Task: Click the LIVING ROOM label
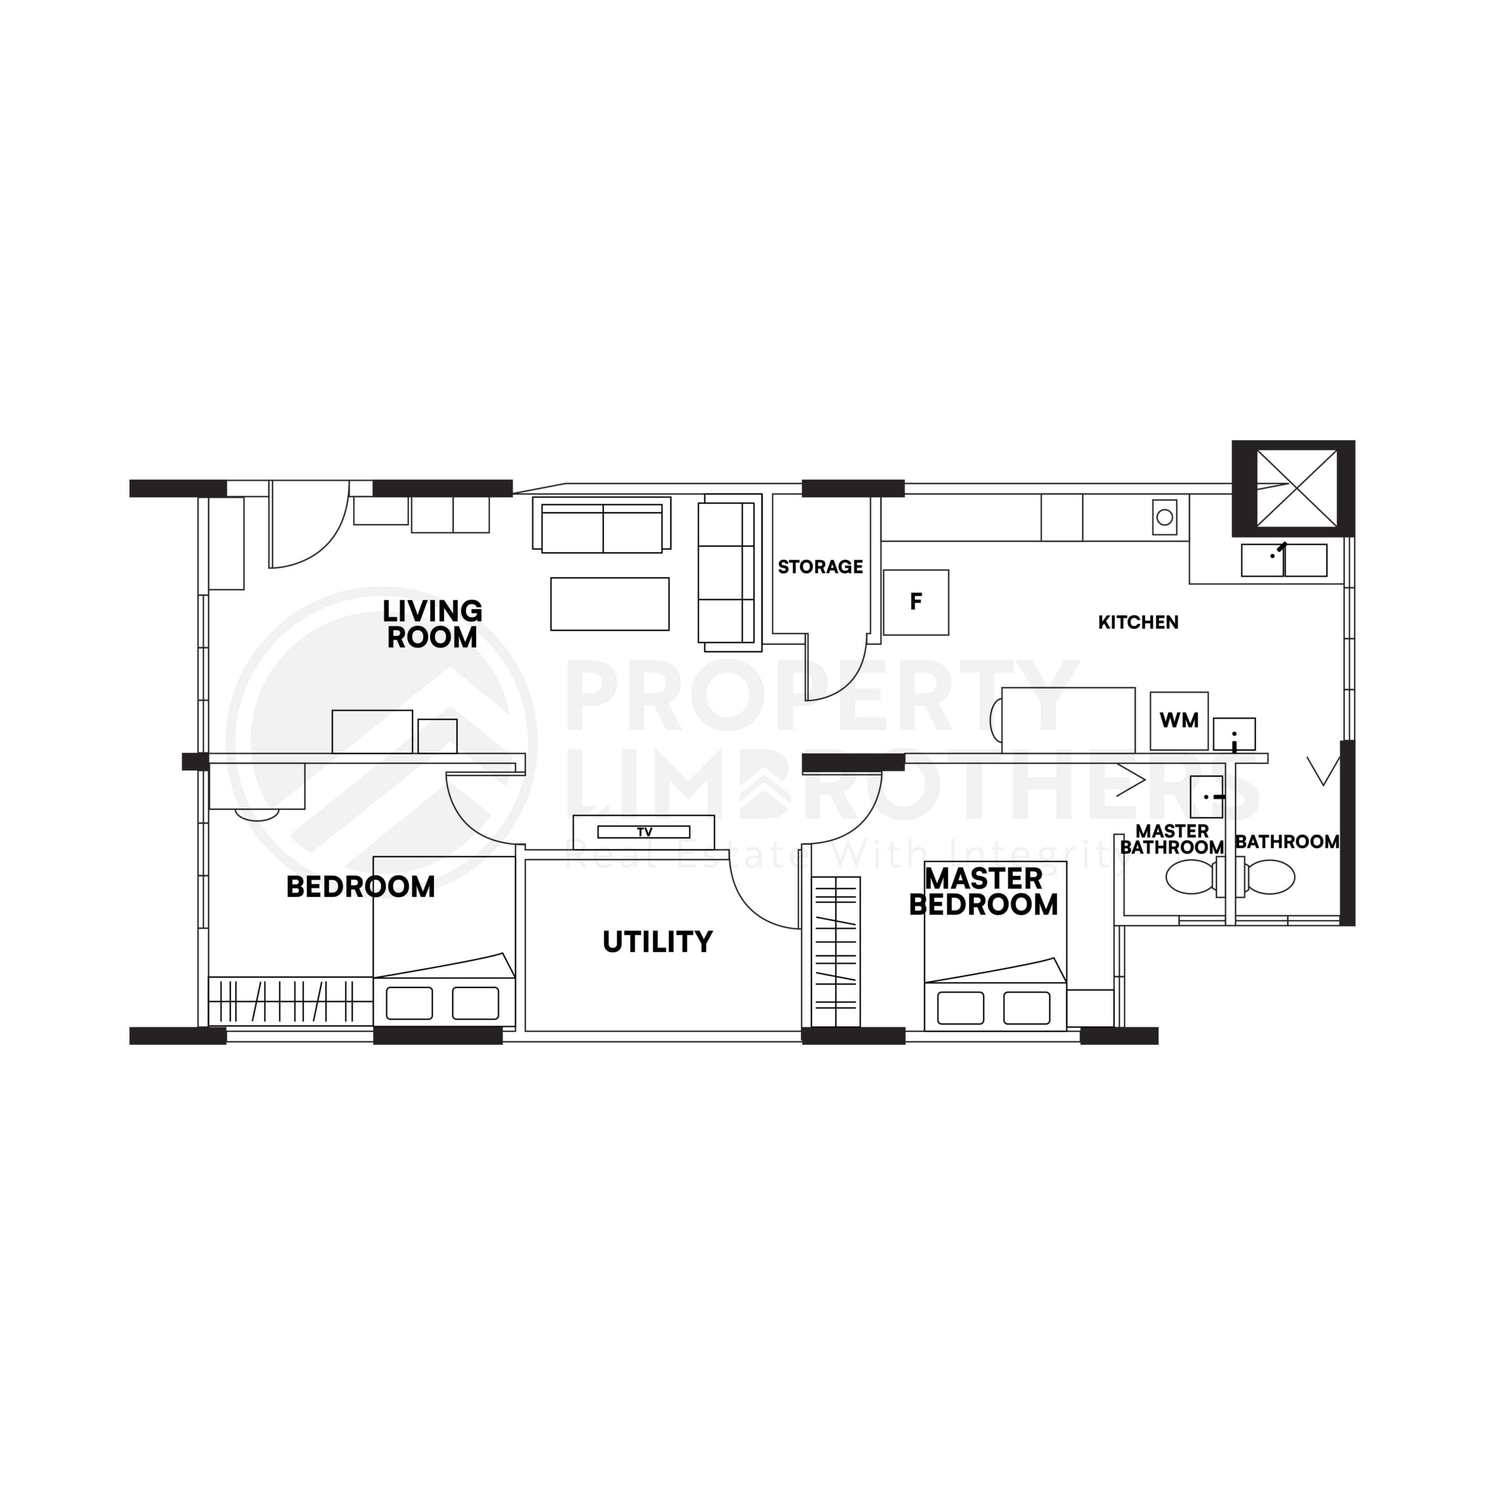click(x=432, y=624)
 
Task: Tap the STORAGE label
click(x=820, y=567)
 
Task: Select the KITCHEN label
click(x=1138, y=622)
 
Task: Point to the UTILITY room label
click(x=657, y=941)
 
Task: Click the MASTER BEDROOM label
click(x=983, y=892)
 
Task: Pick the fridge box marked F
click(x=915, y=603)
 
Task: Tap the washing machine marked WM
click(x=1178, y=721)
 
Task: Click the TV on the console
click(x=644, y=832)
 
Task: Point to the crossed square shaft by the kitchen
click(x=1296, y=489)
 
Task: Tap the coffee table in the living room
click(x=610, y=604)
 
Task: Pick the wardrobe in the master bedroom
click(x=835, y=951)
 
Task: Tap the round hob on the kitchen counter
click(x=1164, y=517)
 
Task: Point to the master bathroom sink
click(x=1206, y=797)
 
